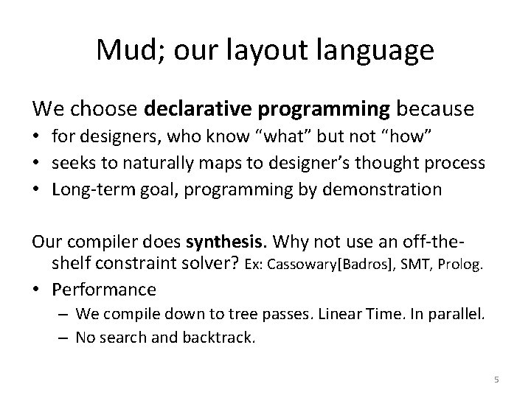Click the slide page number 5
[496, 380]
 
